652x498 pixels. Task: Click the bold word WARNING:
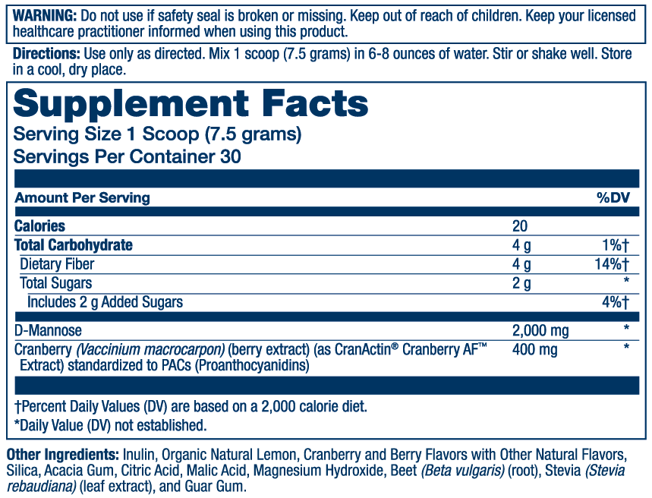45,16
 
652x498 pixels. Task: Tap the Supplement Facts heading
191,103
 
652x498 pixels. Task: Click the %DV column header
613,197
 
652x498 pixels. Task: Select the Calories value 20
520,226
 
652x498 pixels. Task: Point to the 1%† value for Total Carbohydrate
616,245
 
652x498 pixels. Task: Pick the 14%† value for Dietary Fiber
612,263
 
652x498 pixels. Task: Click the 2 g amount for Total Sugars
521,283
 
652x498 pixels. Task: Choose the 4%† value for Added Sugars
616,302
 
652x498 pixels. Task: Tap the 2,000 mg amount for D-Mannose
540,331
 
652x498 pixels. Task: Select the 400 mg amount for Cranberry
534,349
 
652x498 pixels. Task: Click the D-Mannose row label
48,330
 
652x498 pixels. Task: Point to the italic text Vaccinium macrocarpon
150,349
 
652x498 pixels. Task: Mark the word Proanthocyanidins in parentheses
251,366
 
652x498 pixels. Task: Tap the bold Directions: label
46,54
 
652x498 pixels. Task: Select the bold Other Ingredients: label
63,455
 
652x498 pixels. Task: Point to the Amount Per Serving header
82,197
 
